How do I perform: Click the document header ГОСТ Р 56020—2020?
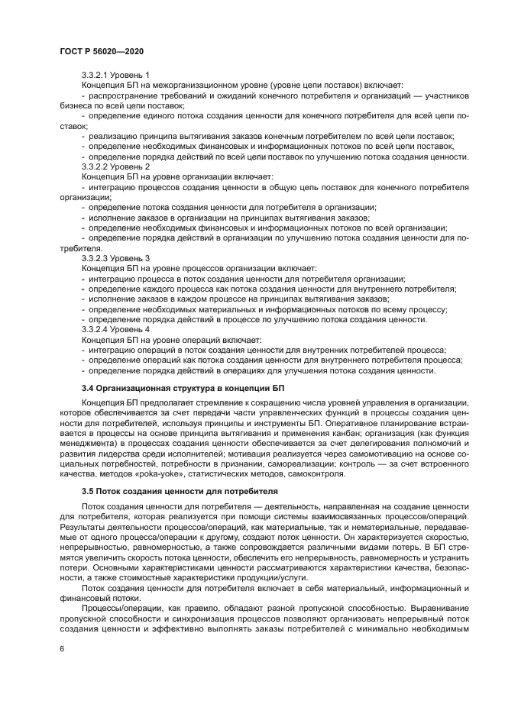click(102, 50)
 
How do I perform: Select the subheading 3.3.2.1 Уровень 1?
click(115, 75)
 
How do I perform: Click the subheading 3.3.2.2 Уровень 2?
click(115, 166)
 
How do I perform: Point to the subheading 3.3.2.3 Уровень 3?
click(115, 258)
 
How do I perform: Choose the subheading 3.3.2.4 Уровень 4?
click(115, 330)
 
